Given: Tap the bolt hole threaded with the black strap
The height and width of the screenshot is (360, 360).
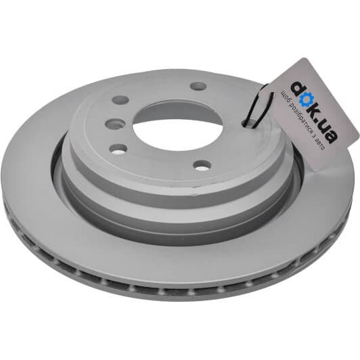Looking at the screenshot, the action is [250, 122].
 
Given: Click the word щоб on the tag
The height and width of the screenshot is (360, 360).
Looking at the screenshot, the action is [286, 97].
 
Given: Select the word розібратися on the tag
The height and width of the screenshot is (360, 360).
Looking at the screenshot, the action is [301, 118].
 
